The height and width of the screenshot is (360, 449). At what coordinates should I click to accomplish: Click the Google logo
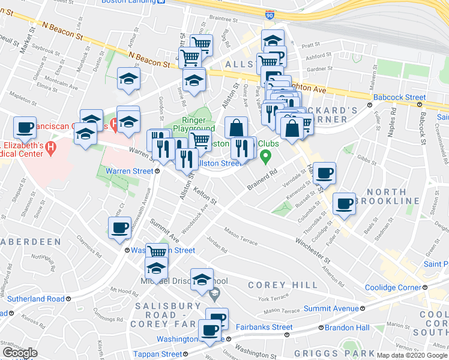pos(19,353)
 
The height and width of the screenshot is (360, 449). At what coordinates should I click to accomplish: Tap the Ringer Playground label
pos(194,124)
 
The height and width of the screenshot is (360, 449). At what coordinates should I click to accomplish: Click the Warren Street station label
pos(130,171)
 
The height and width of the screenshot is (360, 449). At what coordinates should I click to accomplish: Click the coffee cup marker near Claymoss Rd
pos(119,228)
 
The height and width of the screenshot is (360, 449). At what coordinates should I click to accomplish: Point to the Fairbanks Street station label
pos(261,328)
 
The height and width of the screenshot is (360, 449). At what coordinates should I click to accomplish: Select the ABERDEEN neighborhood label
pos(30,241)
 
